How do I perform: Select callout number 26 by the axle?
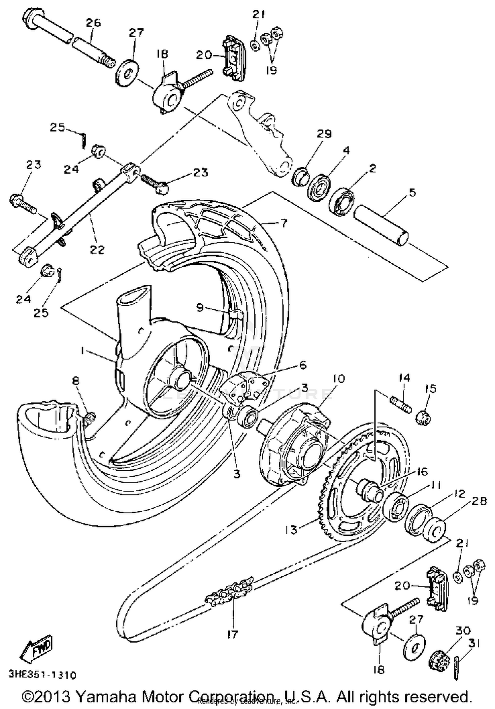[93, 23]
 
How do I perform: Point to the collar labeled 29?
[299, 177]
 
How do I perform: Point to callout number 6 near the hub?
[303, 365]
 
